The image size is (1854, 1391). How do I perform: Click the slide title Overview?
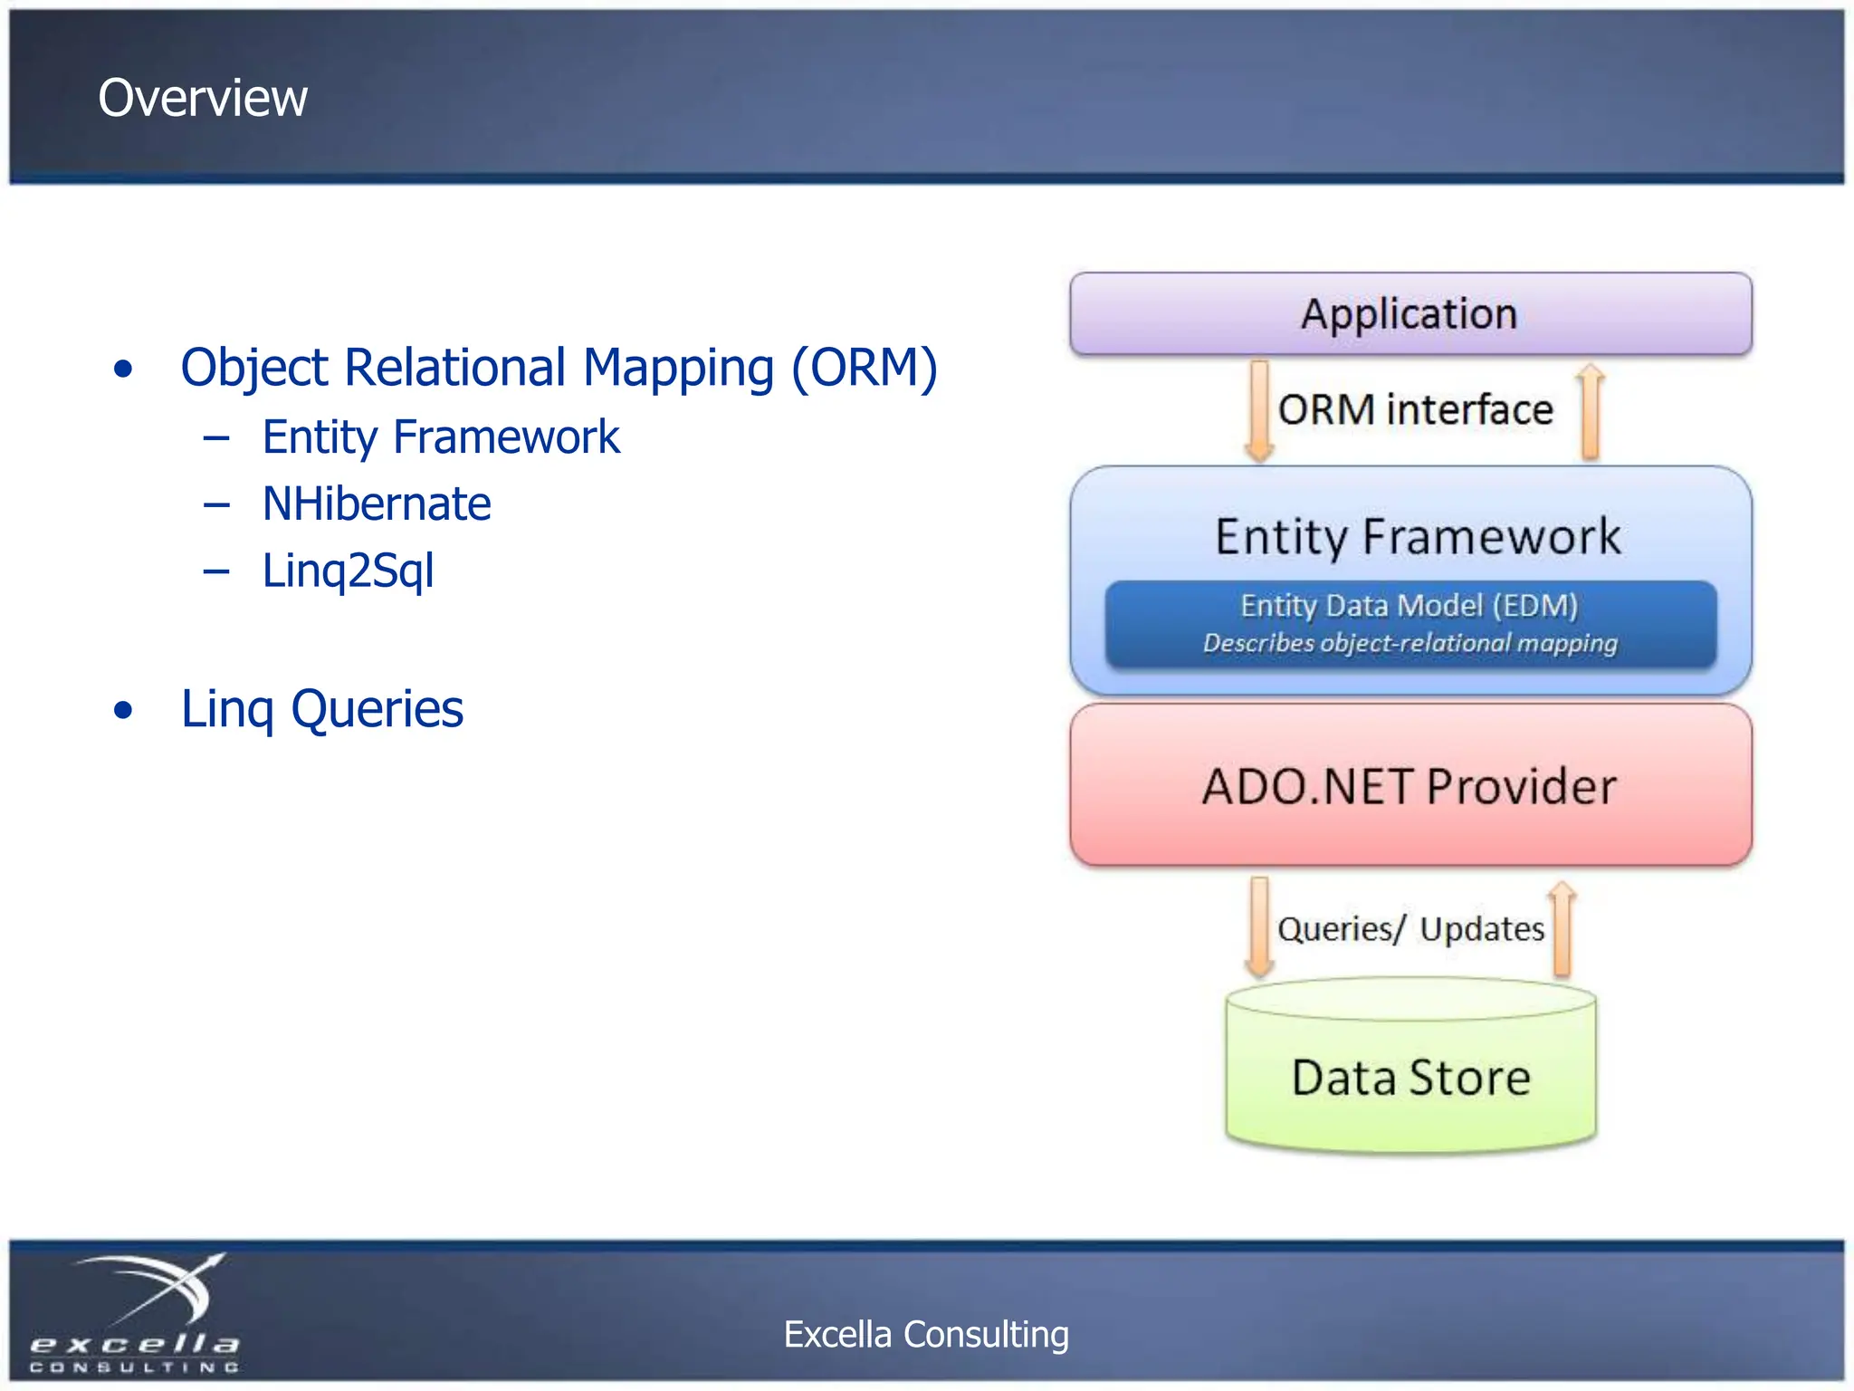tap(203, 98)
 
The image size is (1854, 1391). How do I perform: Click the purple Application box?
tap(1410, 314)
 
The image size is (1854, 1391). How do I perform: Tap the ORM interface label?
tap(1415, 409)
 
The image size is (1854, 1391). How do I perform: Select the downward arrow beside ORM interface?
tap(1259, 412)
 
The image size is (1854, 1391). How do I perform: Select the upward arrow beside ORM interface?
tap(1590, 412)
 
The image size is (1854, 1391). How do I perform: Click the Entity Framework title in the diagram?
tap(1417, 536)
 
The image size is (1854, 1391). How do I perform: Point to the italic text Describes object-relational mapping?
tap(1410, 643)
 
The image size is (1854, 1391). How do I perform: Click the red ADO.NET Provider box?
tap(1410, 786)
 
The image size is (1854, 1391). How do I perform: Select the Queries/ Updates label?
tap(1410, 929)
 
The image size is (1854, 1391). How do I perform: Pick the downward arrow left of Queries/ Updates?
tap(1259, 927)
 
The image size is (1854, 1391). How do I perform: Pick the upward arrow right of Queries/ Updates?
tap(1562, 929)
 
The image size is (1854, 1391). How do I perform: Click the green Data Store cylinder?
tap(1410, 1078)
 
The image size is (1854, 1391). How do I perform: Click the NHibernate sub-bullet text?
tap(376, 504)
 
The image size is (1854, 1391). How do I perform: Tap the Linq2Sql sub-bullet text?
tap(348, 571)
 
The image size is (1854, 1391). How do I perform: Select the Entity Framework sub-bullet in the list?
tap(440, 437)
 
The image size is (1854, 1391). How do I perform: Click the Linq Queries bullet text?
tap(321, 709)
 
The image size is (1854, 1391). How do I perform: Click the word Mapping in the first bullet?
tap(678, 369)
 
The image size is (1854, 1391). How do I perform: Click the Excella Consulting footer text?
tap(926, 1334)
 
